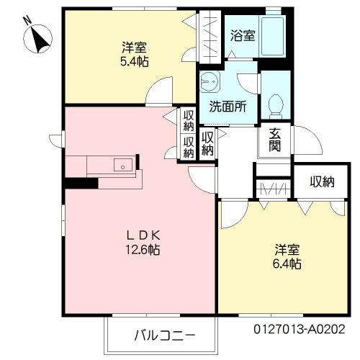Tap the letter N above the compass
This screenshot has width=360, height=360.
[x=27, y=21]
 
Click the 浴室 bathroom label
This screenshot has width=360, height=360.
[x=241, y=35]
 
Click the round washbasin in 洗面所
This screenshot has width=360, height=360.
[x=210, y=81]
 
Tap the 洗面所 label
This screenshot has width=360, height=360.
[x=228, y=106]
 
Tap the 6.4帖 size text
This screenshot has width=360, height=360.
[x=287, y=264]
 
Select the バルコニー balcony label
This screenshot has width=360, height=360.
[x=162, y=336]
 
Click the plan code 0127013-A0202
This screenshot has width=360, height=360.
[x=298, y=329]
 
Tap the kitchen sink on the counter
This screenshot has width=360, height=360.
[x=123, y=166]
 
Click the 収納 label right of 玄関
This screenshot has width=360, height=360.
[x=323, y=181]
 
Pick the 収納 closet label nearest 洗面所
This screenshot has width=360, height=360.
[x=207, y=143]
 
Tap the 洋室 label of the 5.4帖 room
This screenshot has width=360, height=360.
[x=134, y=49]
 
